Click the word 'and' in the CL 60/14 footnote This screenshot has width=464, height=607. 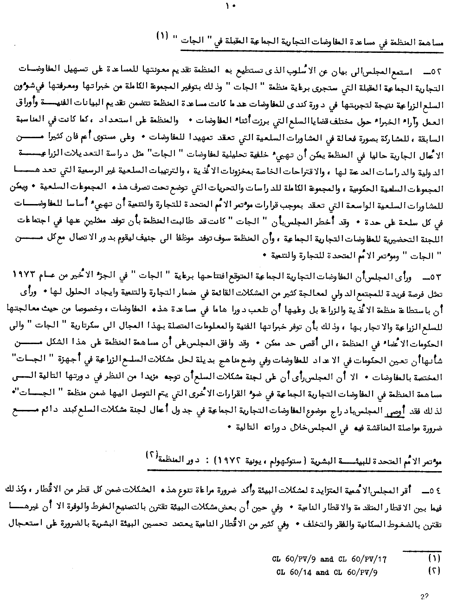coord(322,572)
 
